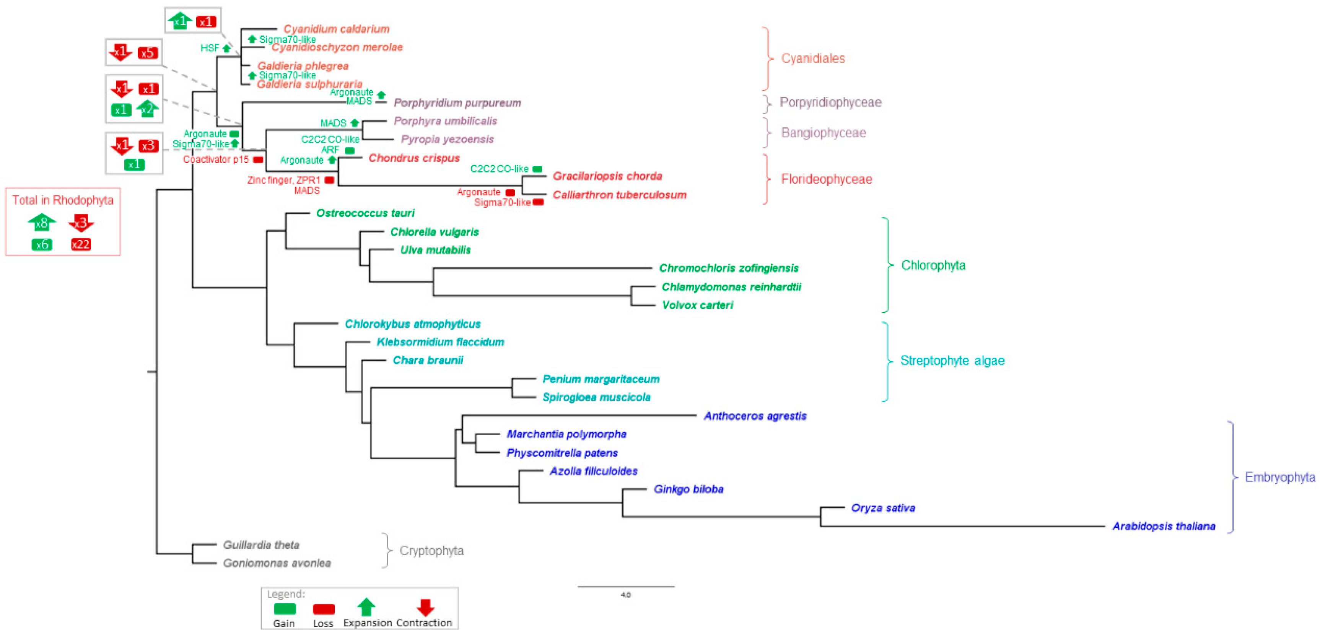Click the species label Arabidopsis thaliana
point(1163,526)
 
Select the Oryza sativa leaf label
point(882,507)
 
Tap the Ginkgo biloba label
point(688,489)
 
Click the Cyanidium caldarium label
point(336,29)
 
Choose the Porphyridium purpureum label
point(457,102)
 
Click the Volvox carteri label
point(697,305)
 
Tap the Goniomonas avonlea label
point(277,563)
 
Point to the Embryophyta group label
point(1279,477)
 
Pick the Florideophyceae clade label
point(826,179)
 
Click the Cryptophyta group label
point(431,551)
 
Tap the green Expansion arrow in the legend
point(366,607)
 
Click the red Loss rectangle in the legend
point(323,609)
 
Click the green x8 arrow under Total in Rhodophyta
point(42,223)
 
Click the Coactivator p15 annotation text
point(216,159)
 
